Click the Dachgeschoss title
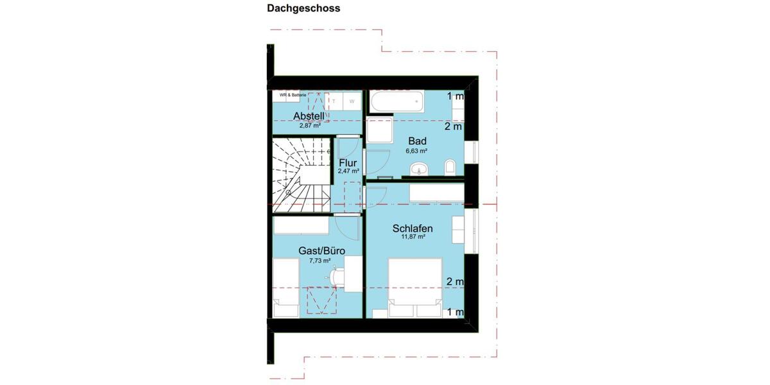(x=304, y=9)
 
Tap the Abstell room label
(x=309, y=116)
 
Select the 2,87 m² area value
(x=309, y=126)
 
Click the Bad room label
(x=418, y=141)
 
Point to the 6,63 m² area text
(x=416, y=151)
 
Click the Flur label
(x=348, y=163)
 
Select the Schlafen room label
(x=413, y=228)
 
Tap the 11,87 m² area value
(x=413, y=237)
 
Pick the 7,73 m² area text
(x=320, y=261)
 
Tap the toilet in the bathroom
(x=450, y=167)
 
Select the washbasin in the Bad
(x=421, y=169)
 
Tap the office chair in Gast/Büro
(x=336, y=276)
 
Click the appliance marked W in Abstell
(x=352, y=101)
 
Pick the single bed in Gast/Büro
(x=286, y=287)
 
